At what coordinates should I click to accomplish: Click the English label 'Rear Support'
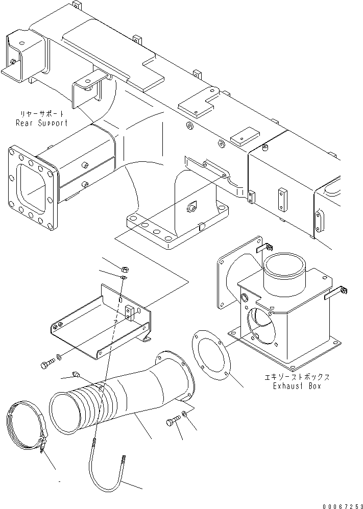coord(41,123)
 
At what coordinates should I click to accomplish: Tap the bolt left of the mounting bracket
coord(46,365)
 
